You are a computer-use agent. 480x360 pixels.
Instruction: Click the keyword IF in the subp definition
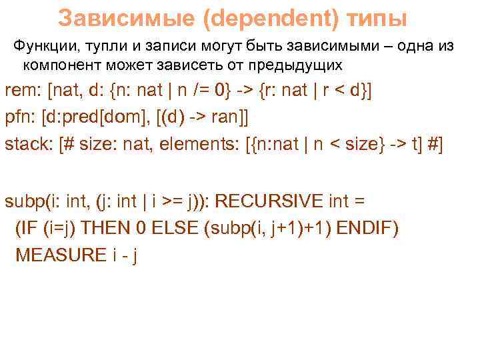27,228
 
